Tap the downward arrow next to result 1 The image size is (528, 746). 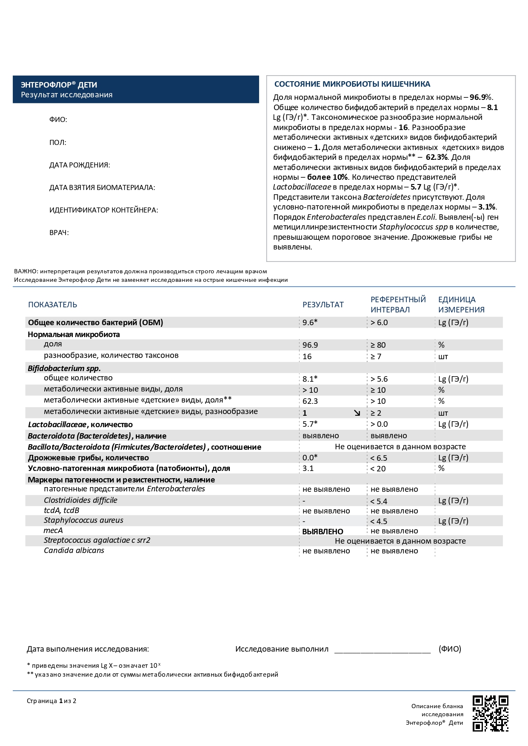(357, 413)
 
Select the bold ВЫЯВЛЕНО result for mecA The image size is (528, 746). (323, 531)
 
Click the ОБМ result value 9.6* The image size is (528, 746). (310, 322)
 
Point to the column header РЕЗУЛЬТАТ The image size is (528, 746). (323, 304)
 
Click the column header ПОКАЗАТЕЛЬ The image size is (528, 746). (53, 304)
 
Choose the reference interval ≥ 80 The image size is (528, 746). (378, 345)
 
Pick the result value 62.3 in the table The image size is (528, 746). (310, 401)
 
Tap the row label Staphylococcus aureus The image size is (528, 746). (83, 520)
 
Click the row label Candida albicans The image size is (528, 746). (74, 550)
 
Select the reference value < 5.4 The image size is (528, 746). (379, 501)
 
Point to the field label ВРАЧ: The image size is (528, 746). (59, 233)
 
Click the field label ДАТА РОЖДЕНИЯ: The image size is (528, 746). (80, 165)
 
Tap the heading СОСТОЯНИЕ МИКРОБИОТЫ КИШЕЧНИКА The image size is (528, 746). (352, 84)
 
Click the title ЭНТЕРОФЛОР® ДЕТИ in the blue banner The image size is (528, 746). (59, 85)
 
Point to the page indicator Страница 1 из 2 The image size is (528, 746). (51, 701)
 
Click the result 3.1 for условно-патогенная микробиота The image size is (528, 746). (308, 468)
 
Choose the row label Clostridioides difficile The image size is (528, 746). (80, 500)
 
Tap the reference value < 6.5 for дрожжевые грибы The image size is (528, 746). (379, 458)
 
